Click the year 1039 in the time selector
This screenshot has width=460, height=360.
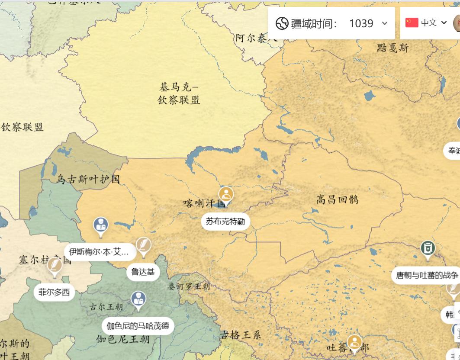(361, 23)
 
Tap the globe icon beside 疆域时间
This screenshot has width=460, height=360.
(282, 23)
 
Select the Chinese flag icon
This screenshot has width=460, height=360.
(412, 22)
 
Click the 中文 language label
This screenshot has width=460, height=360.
(428, 23)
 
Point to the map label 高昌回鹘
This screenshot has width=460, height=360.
(337, 199)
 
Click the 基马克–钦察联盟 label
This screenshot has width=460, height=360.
(179, 93)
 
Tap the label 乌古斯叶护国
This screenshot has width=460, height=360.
(88, 179)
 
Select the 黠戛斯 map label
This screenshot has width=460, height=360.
(392, 48)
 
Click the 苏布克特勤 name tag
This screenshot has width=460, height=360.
(225, 222)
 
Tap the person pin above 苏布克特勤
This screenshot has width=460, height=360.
(226, 195)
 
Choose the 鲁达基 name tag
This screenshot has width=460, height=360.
(143, 272)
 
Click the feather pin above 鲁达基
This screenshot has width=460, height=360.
(143, 245)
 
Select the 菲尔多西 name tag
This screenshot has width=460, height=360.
(54, 292)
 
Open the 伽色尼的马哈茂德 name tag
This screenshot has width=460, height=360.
(138, 325)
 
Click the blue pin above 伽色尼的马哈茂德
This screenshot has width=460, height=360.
(138, 299)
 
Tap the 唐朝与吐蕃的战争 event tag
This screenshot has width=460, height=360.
(427, 275)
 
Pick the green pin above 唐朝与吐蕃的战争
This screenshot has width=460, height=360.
(428, 249)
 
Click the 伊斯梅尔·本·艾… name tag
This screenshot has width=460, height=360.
(99, 251)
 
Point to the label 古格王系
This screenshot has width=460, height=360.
(241, 334)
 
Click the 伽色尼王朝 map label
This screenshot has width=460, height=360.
(123, 339)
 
